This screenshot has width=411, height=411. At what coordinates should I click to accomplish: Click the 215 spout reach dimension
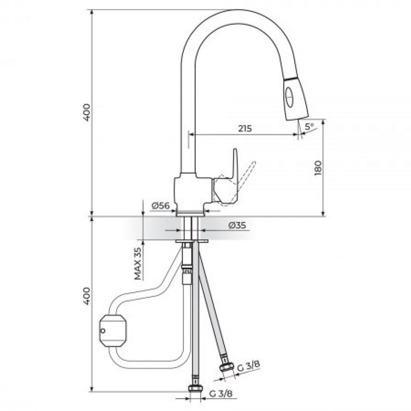[x=245, y=128]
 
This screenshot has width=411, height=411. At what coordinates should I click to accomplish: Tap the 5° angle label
[x=309, y=127]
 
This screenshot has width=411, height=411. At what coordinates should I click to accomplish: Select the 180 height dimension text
[x=318, y=168]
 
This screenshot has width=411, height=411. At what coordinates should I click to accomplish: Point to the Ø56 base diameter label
[x=160, y=206]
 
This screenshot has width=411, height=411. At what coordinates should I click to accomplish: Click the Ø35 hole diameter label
[x=237, y=225]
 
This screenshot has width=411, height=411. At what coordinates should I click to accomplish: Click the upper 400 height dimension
[x=86, y=113]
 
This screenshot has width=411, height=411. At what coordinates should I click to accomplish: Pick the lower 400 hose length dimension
[x=86, y=296]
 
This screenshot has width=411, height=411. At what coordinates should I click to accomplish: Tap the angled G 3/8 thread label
[x=248, y=366]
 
